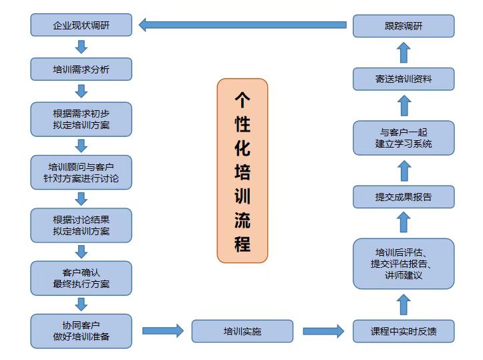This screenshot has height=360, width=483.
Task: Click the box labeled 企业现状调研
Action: point(81,26)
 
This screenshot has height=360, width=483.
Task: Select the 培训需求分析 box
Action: point(81,69)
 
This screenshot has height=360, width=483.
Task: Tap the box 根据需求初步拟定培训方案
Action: point(81,119)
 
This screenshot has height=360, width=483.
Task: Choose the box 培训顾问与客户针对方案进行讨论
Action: point(81,172)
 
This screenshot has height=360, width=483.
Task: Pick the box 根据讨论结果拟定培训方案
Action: point(81,225)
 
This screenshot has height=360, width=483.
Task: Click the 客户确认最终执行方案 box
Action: point(81,278)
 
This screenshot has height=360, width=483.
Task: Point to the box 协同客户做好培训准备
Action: point(81,331)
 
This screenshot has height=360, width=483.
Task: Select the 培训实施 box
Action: point(242,331)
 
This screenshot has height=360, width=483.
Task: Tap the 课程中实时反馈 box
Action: point(404,331)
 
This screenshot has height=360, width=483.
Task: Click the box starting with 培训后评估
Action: point(404,263)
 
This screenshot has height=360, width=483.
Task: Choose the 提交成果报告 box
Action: point(404,197)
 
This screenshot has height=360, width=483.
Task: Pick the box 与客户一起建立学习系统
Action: point(404,138)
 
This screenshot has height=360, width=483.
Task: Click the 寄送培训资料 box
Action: point(404,79)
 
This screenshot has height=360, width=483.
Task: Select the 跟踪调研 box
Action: point(404,26)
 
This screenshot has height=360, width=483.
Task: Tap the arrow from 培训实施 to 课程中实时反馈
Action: point(323,331)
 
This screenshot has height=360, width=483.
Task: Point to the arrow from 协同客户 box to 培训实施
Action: point(162,330)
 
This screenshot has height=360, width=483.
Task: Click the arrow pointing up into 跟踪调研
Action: point(404,52)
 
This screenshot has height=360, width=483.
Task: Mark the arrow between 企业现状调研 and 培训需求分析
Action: point(82,47)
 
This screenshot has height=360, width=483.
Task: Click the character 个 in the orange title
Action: point(242,100)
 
